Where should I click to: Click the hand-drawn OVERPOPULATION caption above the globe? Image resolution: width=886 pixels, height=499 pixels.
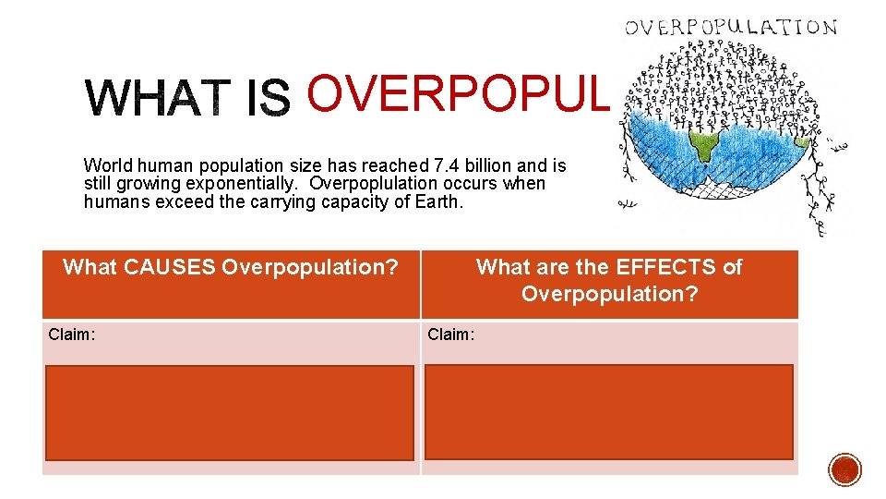click(x=731, y=27)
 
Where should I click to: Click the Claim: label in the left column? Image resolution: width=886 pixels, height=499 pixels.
click(x=71, y=335)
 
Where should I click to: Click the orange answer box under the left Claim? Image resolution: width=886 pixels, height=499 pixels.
click(x=229, y=412)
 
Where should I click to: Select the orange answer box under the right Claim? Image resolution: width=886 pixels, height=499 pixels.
click(x=608, y=412)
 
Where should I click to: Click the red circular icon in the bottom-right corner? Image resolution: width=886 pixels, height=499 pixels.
click(x=844, y=469)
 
